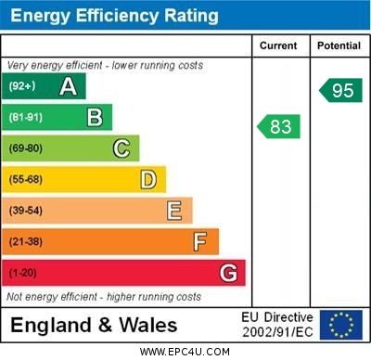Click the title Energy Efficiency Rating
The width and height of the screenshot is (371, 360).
point(113,16)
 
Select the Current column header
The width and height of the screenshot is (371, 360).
point(278,45)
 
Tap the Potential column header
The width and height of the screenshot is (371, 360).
point(339,45)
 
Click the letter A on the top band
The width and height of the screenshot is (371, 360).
point(68,86)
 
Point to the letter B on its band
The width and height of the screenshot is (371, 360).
point(95,117)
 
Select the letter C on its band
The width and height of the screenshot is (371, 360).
point(122,148)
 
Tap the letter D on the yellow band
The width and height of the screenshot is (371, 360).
point(148,179)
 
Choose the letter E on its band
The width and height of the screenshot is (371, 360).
point(174,211)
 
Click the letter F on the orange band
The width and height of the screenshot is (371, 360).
point(200,241)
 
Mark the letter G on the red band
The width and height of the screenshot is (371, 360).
point(228,273)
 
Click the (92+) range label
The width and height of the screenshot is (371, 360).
point(23,86)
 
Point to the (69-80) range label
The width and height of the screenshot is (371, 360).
point(26,148)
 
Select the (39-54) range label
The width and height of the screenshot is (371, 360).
point(26,211)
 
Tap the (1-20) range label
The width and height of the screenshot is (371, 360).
point(23,273)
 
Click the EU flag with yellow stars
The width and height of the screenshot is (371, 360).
point(340,325)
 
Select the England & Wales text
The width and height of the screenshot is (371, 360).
point(94,325)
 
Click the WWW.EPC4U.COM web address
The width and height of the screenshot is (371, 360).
point(185,352)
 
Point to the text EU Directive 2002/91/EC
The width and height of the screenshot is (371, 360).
point(277,325)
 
